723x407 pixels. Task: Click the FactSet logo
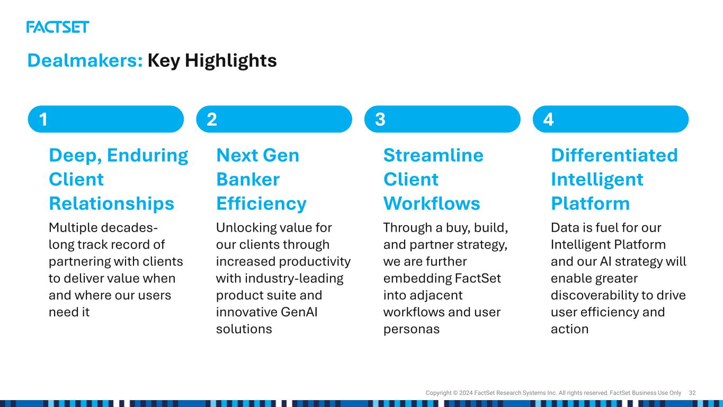[58, 27]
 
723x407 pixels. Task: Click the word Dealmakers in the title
[85, 60]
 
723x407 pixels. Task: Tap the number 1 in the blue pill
[43, 119]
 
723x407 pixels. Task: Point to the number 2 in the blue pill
[212, 119]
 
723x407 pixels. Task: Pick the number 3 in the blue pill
[380, 119]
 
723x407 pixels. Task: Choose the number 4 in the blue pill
[548, 119]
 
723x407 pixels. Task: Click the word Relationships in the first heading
[112, 204]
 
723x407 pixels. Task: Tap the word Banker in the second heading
[248, 179]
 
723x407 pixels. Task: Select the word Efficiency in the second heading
[262, 204]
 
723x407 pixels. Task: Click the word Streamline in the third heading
[433, 155]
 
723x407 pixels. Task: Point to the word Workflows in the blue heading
[432, 203]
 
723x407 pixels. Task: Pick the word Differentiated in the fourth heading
[614, 155]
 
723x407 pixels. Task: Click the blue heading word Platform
[591, 203]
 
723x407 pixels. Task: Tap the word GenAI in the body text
[299, 312]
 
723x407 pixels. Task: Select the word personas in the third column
[412, 330]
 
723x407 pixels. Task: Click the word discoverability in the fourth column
[594, 296]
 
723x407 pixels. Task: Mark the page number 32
[692, 393]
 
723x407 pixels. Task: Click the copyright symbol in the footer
[456, 393]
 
